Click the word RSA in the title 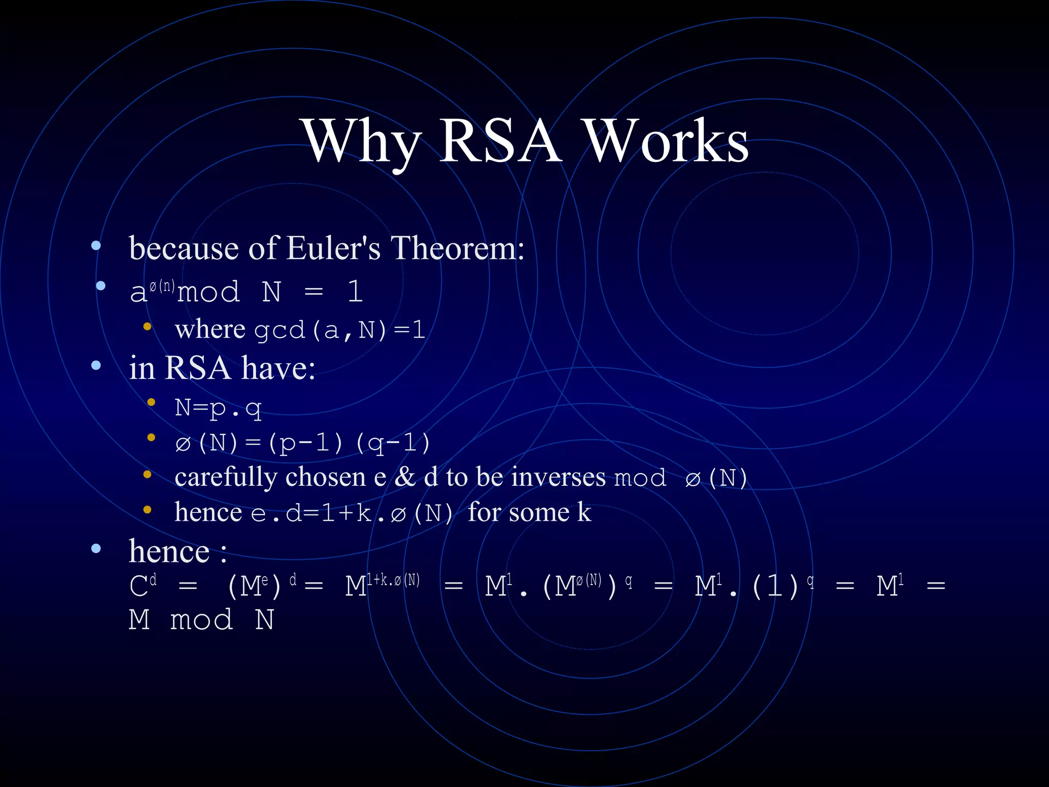[500, 141]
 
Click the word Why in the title [361, 141]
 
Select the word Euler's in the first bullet [333, 248]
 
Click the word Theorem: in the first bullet [457, 248]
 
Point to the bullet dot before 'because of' [96, 246]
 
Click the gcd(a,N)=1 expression [340, 330]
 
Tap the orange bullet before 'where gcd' [148, 327]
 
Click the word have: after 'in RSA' [278, 368]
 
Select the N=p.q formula [218, 408]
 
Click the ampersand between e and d [405, 477]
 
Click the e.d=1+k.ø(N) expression [352, 513]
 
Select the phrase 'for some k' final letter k [584, 512]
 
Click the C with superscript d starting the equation [142, 585]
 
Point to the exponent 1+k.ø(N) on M [393, 580]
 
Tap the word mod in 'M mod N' [201, 620]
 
